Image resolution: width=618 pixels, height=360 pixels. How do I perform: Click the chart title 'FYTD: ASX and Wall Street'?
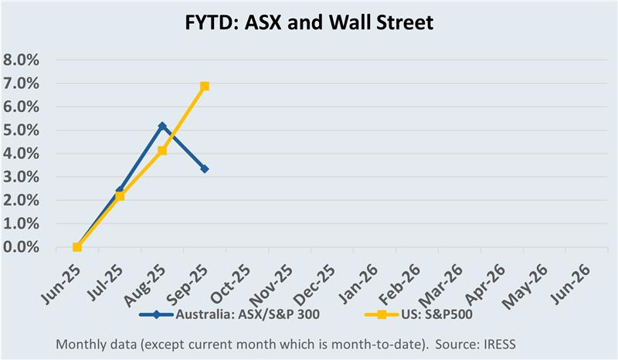click(309, 22)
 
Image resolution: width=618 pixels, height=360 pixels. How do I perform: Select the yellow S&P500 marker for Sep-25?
click(205, 87)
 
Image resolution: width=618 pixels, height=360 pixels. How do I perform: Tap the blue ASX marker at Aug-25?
click(162, 126)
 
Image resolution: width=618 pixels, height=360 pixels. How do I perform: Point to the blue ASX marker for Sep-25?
click(205, 168)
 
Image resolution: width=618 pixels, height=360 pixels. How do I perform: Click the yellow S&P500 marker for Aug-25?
click(162, 151)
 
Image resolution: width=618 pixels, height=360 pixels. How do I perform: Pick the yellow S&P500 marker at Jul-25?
click(120, 196)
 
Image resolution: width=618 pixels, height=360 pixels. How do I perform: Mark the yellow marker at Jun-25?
click(77, 247)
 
